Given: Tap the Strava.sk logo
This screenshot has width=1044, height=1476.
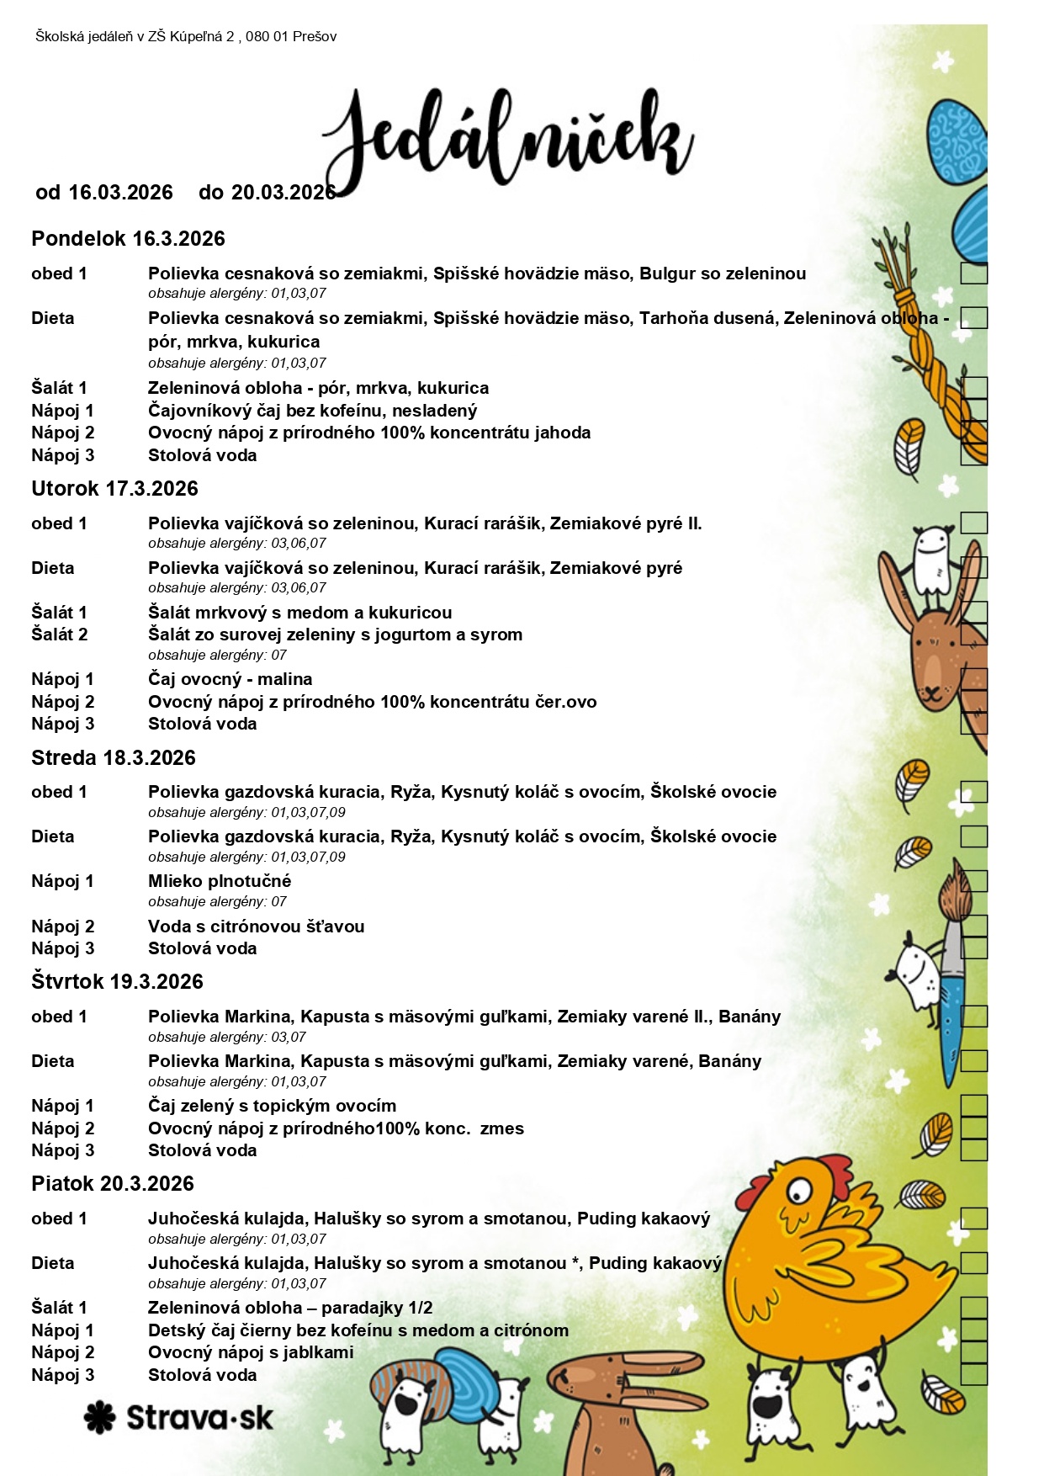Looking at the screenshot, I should coord(178,1418).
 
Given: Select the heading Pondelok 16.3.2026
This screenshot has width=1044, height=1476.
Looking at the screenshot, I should coord(128,239).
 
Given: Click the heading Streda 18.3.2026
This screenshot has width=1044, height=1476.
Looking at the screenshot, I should coord(113,758).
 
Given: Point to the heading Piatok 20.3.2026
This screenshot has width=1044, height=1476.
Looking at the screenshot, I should coord(112,1184).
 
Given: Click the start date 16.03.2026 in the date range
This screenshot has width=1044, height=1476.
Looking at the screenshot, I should coord(120,193).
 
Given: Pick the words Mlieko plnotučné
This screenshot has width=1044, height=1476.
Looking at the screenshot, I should coord(220,881).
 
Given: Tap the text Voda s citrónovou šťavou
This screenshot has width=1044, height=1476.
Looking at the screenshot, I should coord(256,926).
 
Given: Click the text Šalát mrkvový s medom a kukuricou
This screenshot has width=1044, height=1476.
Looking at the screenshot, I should coord(299,613).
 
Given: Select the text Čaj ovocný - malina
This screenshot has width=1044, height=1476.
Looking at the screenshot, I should coord(230,679).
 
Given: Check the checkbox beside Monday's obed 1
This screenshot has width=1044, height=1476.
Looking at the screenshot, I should coord(973,273).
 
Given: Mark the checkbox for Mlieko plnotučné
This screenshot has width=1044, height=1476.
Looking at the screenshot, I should coord(973,881).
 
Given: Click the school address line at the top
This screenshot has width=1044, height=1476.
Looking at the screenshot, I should coord(186,36).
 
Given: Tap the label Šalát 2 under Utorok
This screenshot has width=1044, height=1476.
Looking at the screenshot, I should coord(59,634).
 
